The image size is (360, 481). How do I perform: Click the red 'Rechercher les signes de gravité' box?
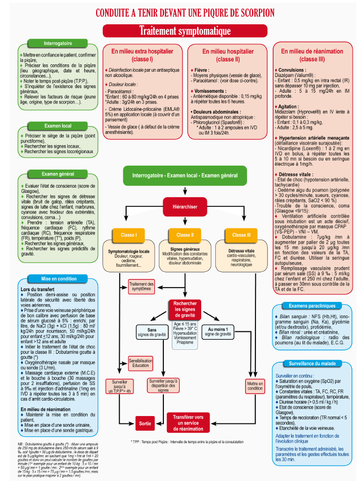(x=184, y=310)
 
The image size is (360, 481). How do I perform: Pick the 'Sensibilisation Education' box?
(x=141, y=363)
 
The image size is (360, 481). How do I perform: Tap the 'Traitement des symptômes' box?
(x=142, y=287)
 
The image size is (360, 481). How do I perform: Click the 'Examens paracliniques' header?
(x=309, y=306)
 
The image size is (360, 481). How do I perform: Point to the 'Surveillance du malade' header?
(x=309, y=364)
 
